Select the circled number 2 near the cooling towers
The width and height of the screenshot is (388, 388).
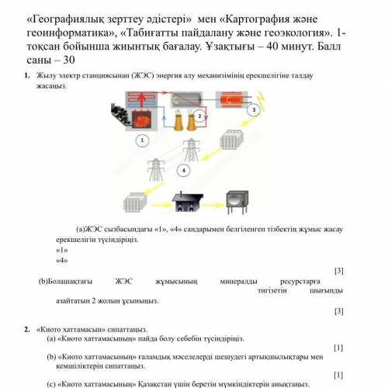(x=199, y=116)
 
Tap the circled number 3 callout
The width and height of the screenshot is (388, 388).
(x=252, y=110)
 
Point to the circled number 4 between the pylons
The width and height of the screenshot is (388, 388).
(x=184, y=168)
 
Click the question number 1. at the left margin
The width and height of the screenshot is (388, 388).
(x=27, y=75)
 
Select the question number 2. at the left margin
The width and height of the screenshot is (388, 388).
(x=27, y=328)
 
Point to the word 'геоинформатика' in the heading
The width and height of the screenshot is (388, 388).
(x=77, y=31)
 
